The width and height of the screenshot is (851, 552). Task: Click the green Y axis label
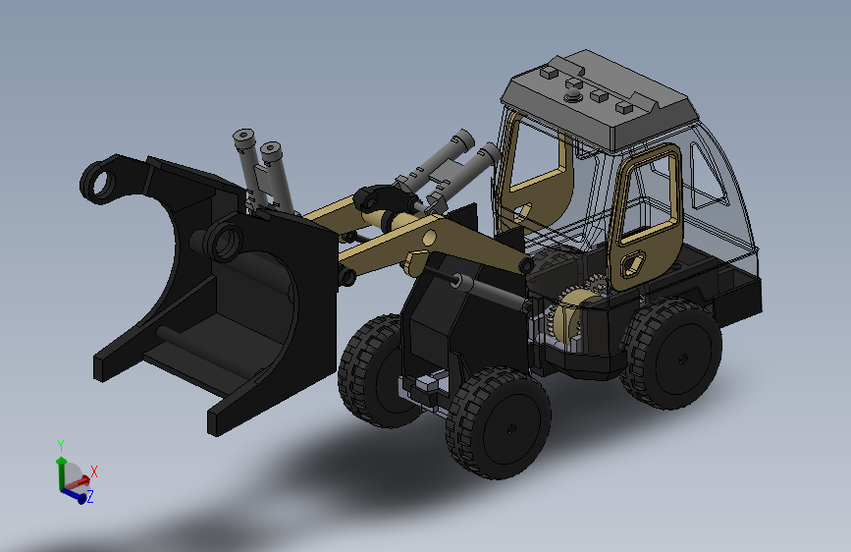pyautogui.click(x=61, y=446)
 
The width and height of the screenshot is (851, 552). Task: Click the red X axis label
pyautogui.click(x=94, y=471)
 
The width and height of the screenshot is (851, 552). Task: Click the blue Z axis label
pyautogui.click(x=90, y=496)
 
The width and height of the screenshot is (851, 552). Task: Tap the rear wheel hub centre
pyautogui.click(x=683, y=359)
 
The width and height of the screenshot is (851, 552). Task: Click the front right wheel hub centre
pyautogui.click(x=510, y=429)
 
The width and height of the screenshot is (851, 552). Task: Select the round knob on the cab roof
pyautogui.click(x=573, y=97)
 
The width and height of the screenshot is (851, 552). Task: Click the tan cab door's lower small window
pyautogui.click(x=632, y=264)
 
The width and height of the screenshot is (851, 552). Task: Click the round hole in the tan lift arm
pyautogui.click(x=429, y=238)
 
